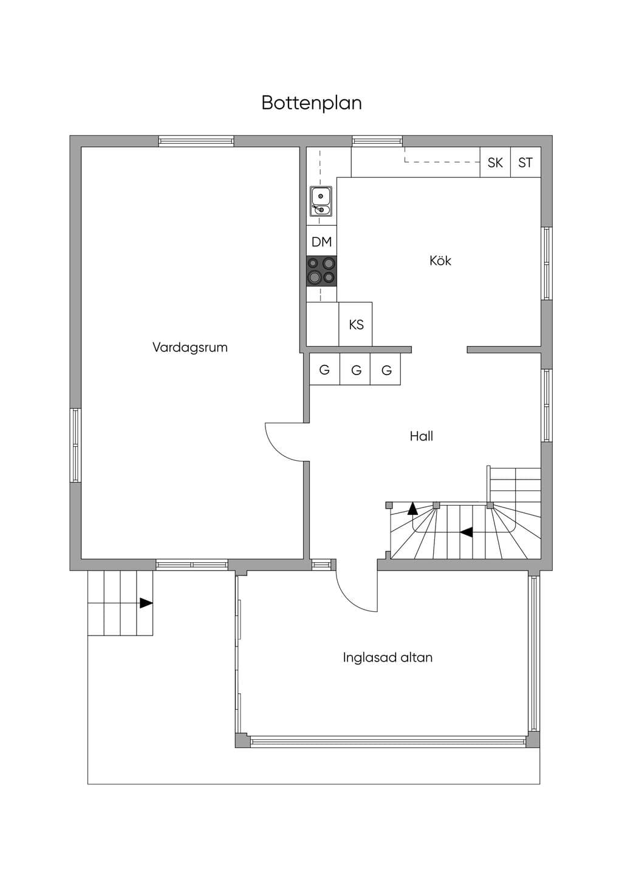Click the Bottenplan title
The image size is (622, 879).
click(x=312, y=103)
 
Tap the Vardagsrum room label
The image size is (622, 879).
click(x=190, y=347)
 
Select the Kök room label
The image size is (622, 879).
click(x=440, y=260)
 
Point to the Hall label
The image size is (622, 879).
click(x=422, y=436)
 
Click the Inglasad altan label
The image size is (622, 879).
click(x=388, y=657)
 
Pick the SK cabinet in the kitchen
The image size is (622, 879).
click(x=495, y=162)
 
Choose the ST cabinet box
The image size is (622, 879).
click(x=526, y=162)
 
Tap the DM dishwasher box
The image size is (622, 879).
click(x=321, y=241)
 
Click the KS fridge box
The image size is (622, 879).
click(x=355, y=324)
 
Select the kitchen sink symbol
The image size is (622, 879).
click(x=321, y=202)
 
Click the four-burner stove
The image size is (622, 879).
click(x=321, y=271)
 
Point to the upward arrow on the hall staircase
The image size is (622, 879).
click(x=412, y=509)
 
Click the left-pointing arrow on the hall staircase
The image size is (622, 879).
click(x=466, y=532)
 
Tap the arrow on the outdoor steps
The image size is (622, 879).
click(x=146, y=603)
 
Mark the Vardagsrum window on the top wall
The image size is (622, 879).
click(x=196, y=141)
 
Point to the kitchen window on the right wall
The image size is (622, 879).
click(x=547, y=263)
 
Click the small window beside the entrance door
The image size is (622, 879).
click(x=321, y=565)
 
